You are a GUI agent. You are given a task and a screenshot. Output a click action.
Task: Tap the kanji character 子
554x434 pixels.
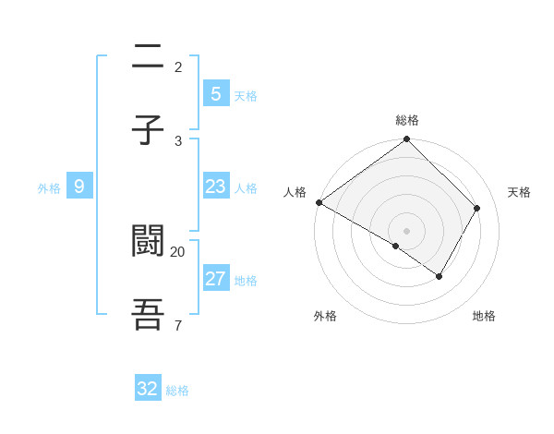click(x=148, y=130)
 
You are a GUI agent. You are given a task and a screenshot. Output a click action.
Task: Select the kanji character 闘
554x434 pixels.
click(x=148, y=241)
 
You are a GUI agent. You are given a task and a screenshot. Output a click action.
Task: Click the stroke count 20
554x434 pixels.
click(x=178, y=251)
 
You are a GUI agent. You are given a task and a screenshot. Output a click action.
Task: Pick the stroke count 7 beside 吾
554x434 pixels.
click(x=177, y=325)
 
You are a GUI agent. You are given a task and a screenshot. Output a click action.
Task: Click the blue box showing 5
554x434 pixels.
click(x=215, y=93)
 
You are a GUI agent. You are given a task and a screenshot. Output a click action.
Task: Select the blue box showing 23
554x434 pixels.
click(x=215, y=187)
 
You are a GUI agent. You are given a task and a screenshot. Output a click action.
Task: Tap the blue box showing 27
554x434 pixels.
click(x=215, y=279)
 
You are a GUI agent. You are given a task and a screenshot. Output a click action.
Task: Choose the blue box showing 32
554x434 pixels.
click(x=148, y=389)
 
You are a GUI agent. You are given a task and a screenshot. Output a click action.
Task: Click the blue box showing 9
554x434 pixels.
click(x=79, y=187)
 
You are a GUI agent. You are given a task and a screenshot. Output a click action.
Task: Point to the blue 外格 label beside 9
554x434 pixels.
click(x=49, y=188)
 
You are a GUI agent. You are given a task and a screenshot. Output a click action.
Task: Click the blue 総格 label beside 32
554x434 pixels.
click(x=177, y=391)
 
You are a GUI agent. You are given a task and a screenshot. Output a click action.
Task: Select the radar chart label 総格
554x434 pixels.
click(x=407, y=120)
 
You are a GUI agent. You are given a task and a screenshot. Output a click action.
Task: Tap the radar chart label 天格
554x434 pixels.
click(x=519, y=192)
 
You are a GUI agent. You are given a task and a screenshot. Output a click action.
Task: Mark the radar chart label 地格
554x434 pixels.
click(x=484, y=316)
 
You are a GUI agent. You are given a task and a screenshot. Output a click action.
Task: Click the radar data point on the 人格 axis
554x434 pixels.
click(x=319, y=202)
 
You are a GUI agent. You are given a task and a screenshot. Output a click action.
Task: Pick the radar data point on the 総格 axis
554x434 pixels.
click(x=407, y=139)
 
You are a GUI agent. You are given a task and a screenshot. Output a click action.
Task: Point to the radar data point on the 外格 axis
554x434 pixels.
click(x=396, y=246)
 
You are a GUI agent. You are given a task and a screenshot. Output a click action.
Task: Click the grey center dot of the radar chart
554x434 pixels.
click(x=407, y=231)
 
